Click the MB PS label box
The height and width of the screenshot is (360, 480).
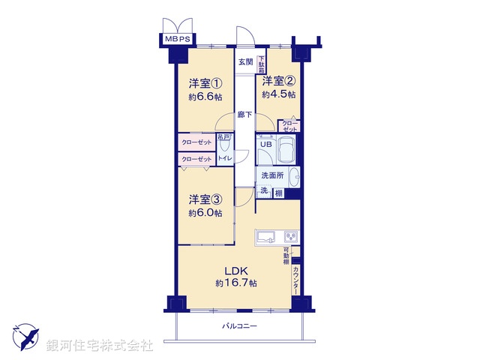[x=177, y=37]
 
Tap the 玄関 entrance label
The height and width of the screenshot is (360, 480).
[x=245, y=62]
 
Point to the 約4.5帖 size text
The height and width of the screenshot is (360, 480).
[x=278, y=95]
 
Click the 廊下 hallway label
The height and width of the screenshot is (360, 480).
[x=244, y=115]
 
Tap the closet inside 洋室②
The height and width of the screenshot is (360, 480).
[x=289, y=125]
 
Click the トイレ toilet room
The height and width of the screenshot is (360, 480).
[x=223, y=158]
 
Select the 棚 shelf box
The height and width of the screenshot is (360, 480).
[x=278, y=193]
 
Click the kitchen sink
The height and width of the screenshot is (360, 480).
[x=265, y=237]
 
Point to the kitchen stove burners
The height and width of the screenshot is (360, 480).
[x=289, y=237]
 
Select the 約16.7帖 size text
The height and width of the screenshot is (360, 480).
[x=235, y=283]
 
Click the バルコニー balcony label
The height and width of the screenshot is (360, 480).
[x=239, y=326]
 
